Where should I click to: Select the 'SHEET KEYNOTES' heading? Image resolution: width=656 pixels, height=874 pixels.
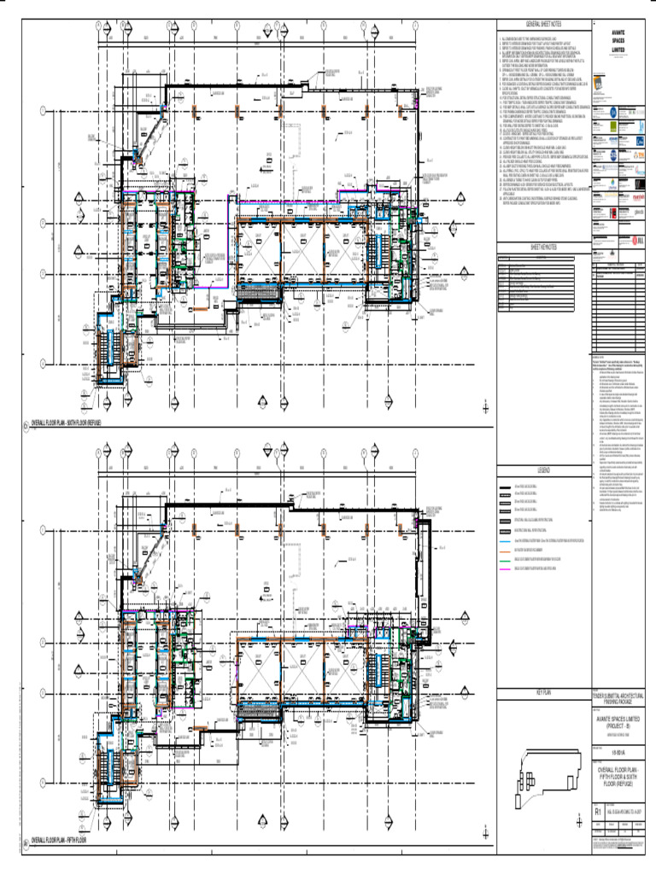click(543, 247)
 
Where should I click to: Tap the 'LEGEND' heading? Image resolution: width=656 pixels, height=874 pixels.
click(544, 470)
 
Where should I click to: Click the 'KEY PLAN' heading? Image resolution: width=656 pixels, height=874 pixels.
click(544, 692)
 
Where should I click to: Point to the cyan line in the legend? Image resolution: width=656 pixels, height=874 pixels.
click(504, 542)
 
